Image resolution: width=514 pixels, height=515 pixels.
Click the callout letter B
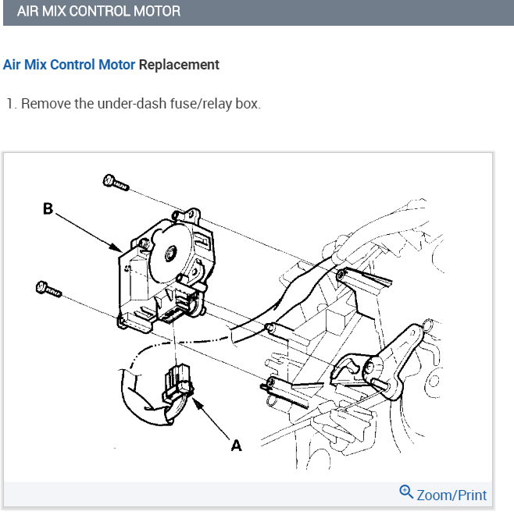coord(48,208)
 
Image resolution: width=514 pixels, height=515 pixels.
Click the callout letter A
coord(236,446)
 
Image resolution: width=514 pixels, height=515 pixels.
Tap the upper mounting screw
coord(116,183)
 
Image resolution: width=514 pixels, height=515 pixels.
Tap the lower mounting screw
coord(48,289)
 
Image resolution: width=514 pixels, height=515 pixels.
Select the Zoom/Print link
coord(452,495)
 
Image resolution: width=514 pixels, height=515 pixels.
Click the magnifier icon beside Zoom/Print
coord(406,492)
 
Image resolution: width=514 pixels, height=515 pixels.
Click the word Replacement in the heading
coord(179,65)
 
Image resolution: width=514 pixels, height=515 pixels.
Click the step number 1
coord(9,104)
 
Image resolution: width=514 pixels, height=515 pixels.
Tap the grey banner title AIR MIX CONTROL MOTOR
coord(98,12)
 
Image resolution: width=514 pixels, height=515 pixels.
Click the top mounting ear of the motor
coord(187,213)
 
